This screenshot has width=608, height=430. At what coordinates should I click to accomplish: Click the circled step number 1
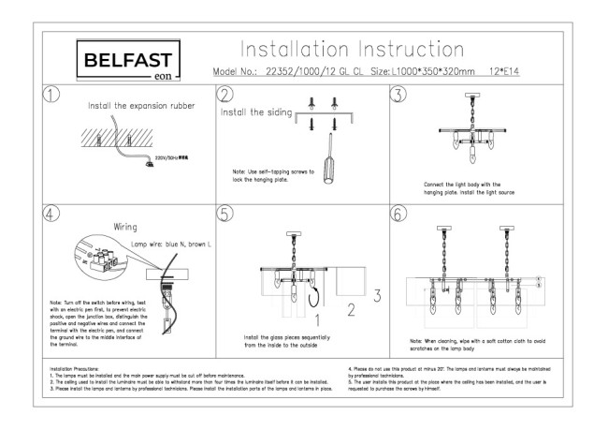click(52, 95)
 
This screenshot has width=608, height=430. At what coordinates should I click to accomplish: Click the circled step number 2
click(224, 95)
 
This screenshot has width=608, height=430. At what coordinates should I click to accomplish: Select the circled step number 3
click(398, 95)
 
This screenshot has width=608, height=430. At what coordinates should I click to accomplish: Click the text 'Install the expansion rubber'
click(141, 107)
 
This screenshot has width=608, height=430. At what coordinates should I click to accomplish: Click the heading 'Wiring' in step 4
click(127, 227)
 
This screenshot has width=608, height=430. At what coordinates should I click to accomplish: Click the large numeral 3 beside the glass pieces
click(377, 296)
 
